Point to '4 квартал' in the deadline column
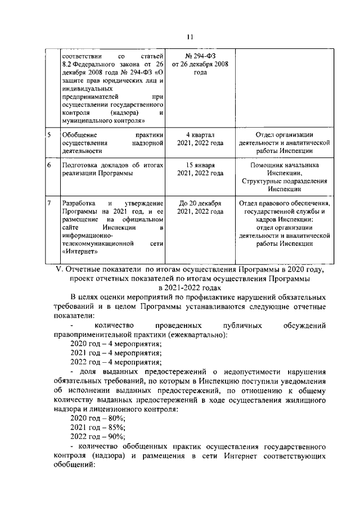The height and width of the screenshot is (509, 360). pyautogui.click(x=201, y=135)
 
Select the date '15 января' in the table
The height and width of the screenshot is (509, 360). pyautogui.click(x=201, y=165)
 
